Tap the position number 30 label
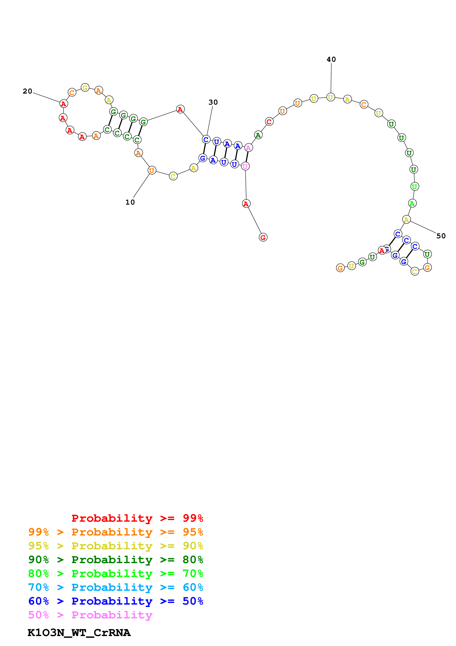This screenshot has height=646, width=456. [x=213, y=102]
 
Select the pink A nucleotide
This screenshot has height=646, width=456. [x=248, y=148]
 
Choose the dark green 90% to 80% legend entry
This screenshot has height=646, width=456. [x=116, y=560]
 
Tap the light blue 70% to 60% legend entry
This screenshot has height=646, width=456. [x=116, y=587]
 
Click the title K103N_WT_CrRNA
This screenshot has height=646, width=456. [x=79, y=633]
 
